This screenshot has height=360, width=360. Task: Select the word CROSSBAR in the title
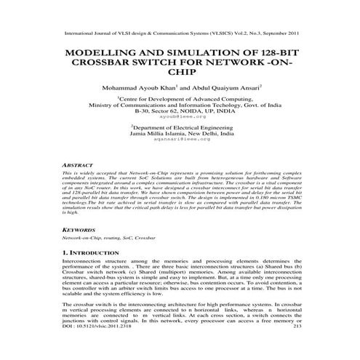(109, 63)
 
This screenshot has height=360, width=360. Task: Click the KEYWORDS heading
(78, 228)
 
